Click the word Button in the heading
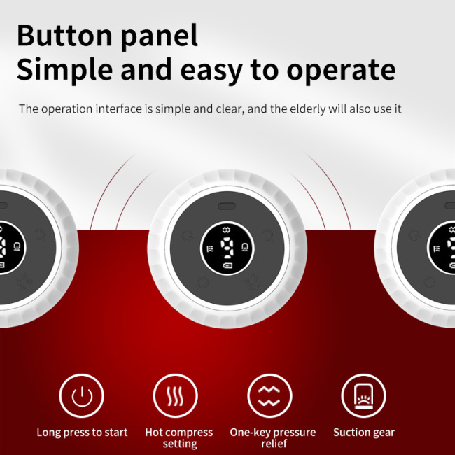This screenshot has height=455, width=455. tap(64, 35)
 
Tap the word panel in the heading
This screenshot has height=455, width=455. tap(160, 37)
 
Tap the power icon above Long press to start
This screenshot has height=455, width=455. tap(81, 395)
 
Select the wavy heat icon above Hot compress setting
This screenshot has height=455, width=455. tap(175, 395)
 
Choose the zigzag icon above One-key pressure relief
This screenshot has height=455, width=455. tap(269, 395)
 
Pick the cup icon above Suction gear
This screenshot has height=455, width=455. tap(363, 395)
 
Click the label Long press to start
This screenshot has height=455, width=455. tap(82, 433)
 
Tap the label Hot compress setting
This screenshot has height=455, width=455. tap(179, 438)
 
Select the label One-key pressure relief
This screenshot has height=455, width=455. tap(273, 438)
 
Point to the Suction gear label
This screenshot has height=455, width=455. tap(364, 433)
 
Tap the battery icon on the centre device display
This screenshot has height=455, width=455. tap(227, 265)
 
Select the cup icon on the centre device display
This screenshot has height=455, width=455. tap(244, 247)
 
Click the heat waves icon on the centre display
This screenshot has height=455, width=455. tap(210, 248)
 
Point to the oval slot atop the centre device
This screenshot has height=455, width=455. tap(227, 206)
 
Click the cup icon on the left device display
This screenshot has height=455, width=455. tap(17, 246)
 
